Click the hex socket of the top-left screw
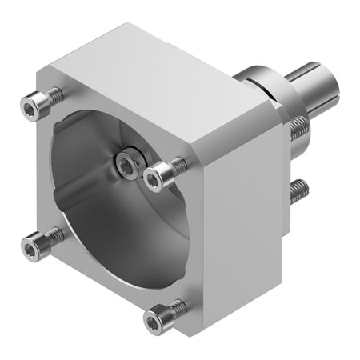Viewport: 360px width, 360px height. tap(31, 104)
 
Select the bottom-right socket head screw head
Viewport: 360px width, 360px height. tap(154, 318)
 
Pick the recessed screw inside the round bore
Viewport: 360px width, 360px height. tap(126, 163)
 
